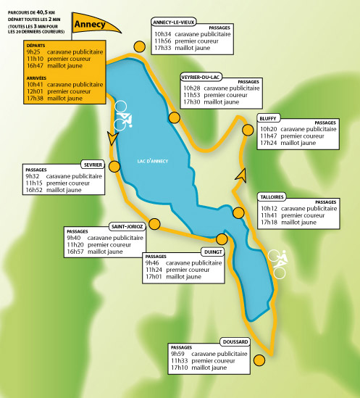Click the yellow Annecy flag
pyautogui.click(x=94, y=24)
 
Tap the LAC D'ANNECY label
pyautogui.click(x=153, y=161)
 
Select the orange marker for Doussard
pyautogui.click(x=259, y=360)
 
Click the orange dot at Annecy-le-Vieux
pyautogui.click(x=140, y=46)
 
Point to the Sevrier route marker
pyautogui.click(x=114, y=167)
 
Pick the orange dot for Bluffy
pyautogui.click(x=248, y=130)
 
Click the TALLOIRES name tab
pyautogui.click(x=272, y=197)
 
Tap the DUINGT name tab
pyautogui.click(x=213, y=252)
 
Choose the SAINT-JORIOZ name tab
pyautogui.click(x=127, y=226)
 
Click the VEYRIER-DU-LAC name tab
pyautogui.click(x=201, y=77)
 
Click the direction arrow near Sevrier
pyautogui.click(x=112, y=138)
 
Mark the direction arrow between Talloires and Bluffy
pyautogui.click(x=241, y=175)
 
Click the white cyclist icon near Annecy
pyautogui.click(x=123, y=116)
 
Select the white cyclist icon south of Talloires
pyautogui.click(x=278, y=264)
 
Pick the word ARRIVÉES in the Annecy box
pyautogui.click(x=36, y=78)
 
